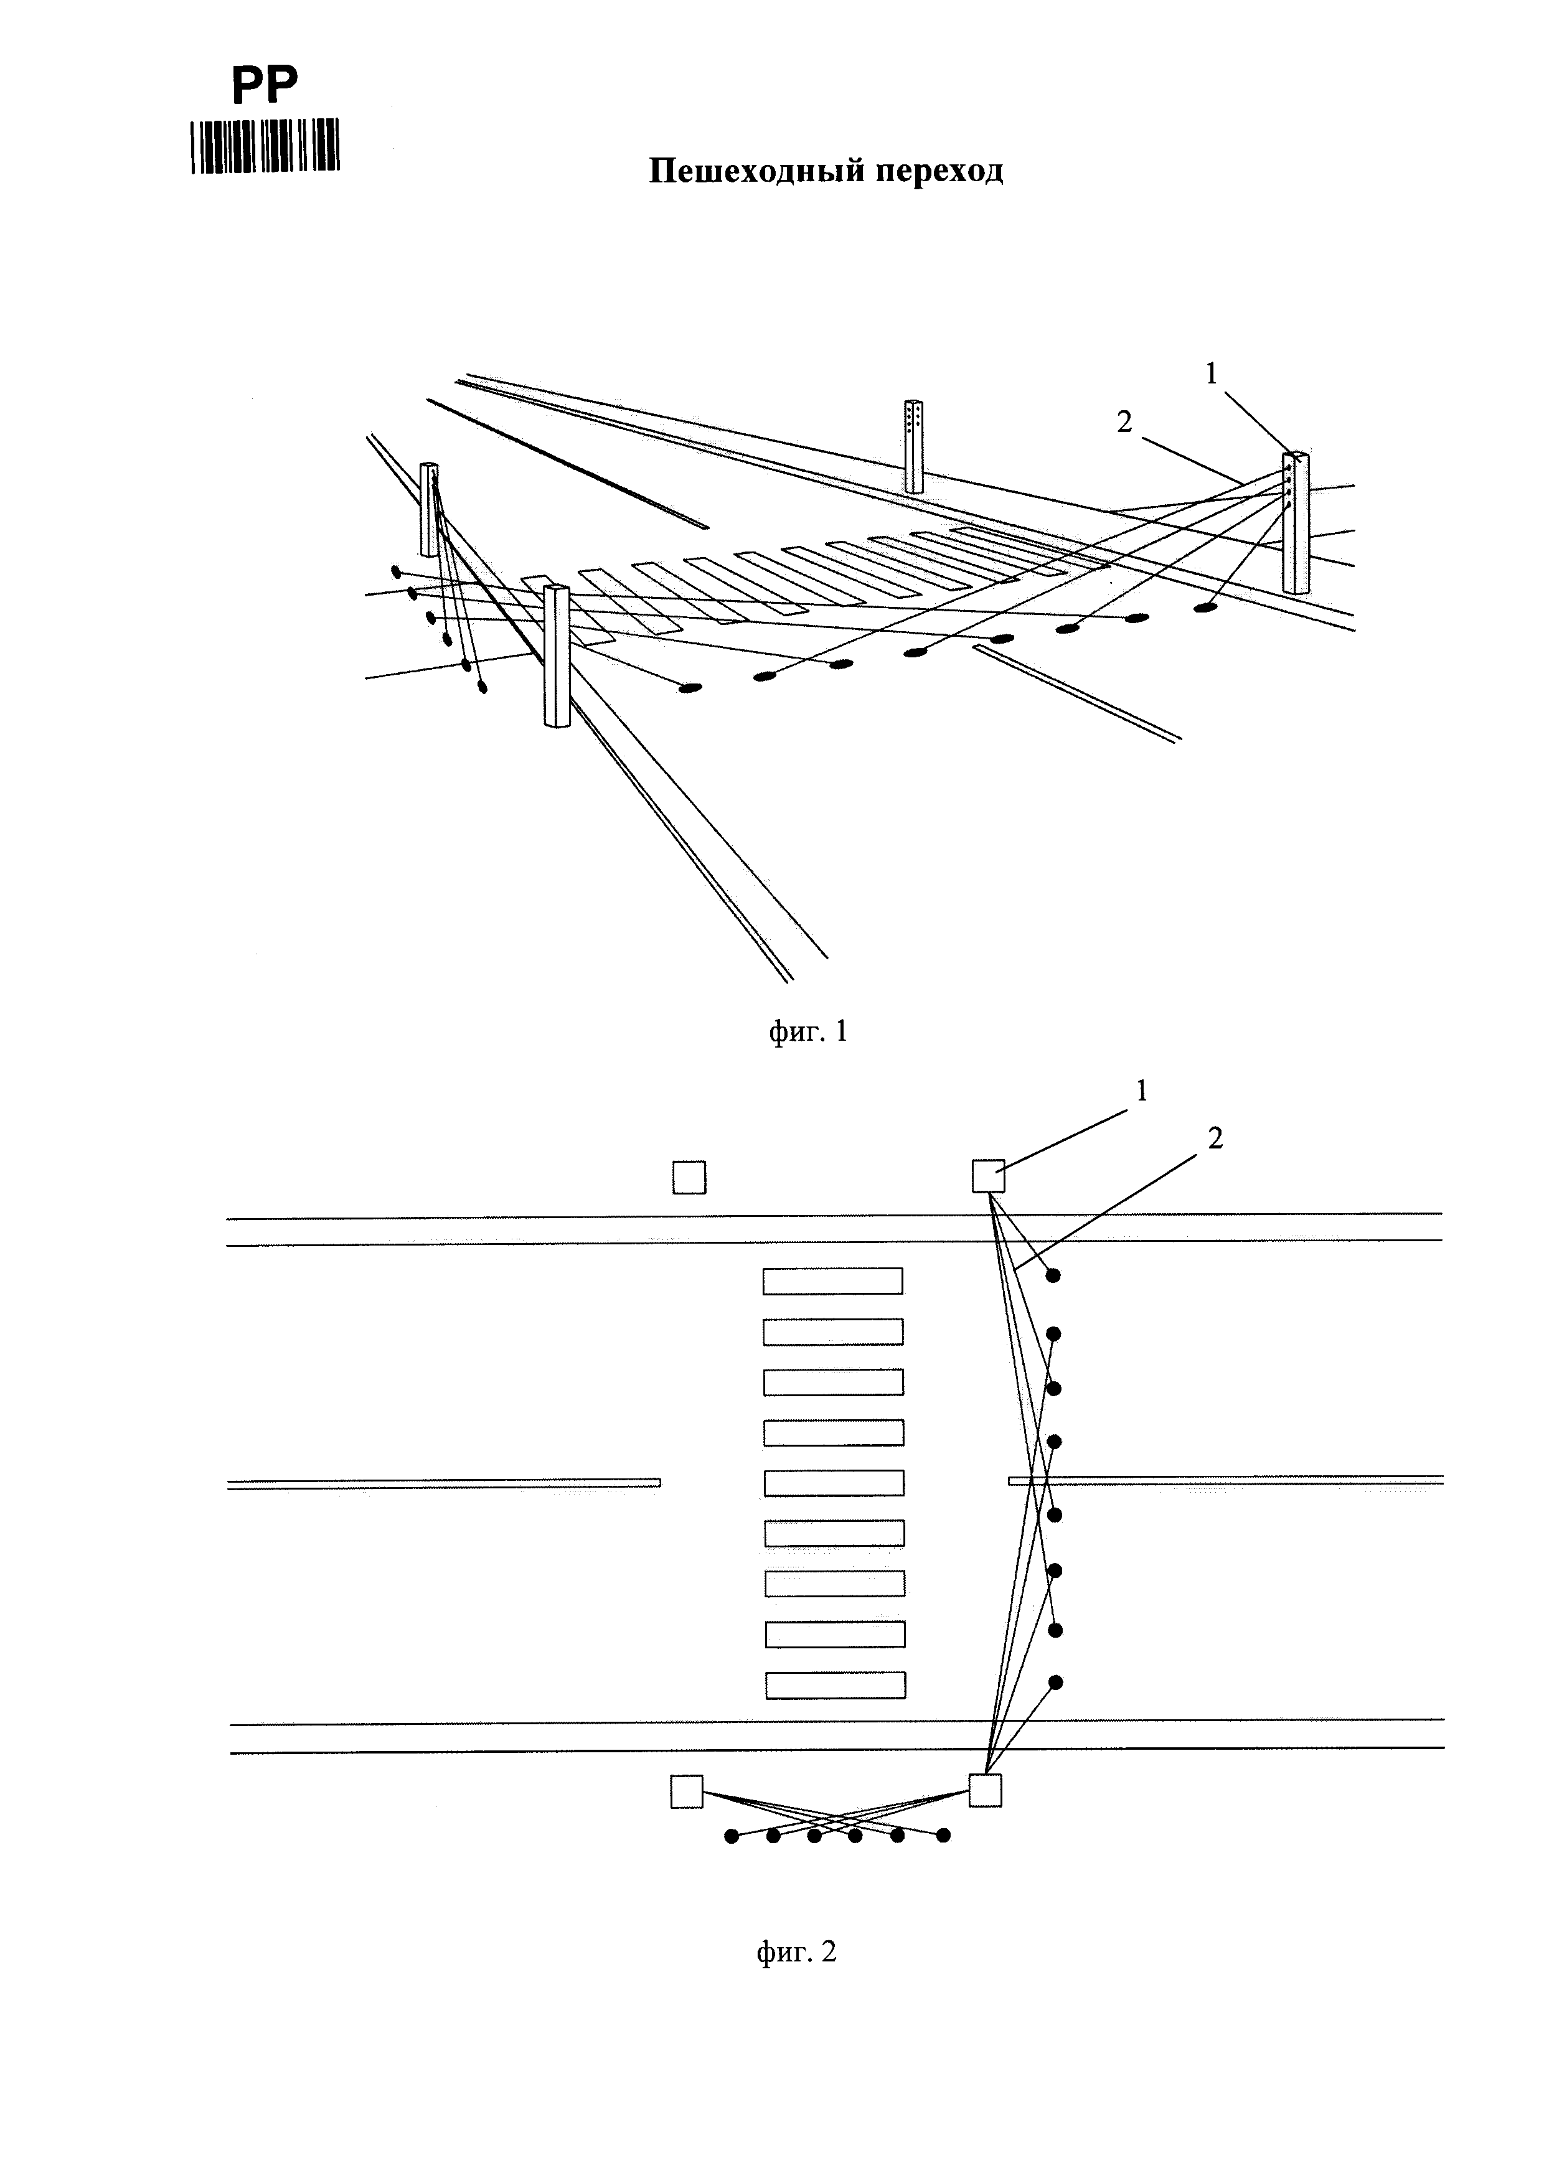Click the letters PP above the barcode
tap(265, 85)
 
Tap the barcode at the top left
tap(265, 146)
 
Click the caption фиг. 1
tap(807, 1031)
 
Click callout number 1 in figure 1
tap(1212, 375)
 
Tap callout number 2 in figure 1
tap(1125, 422)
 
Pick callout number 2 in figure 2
tap(1215, 1138)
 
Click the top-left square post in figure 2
tap(689, 1177)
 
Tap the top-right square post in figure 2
tap(989, 1176)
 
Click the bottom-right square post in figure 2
tap(985, 1790)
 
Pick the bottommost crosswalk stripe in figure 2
tap(836, 1686)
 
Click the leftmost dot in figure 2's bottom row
tap(731, 1836)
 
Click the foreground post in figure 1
tap(556, 656)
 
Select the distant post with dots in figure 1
tap(914, 446)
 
